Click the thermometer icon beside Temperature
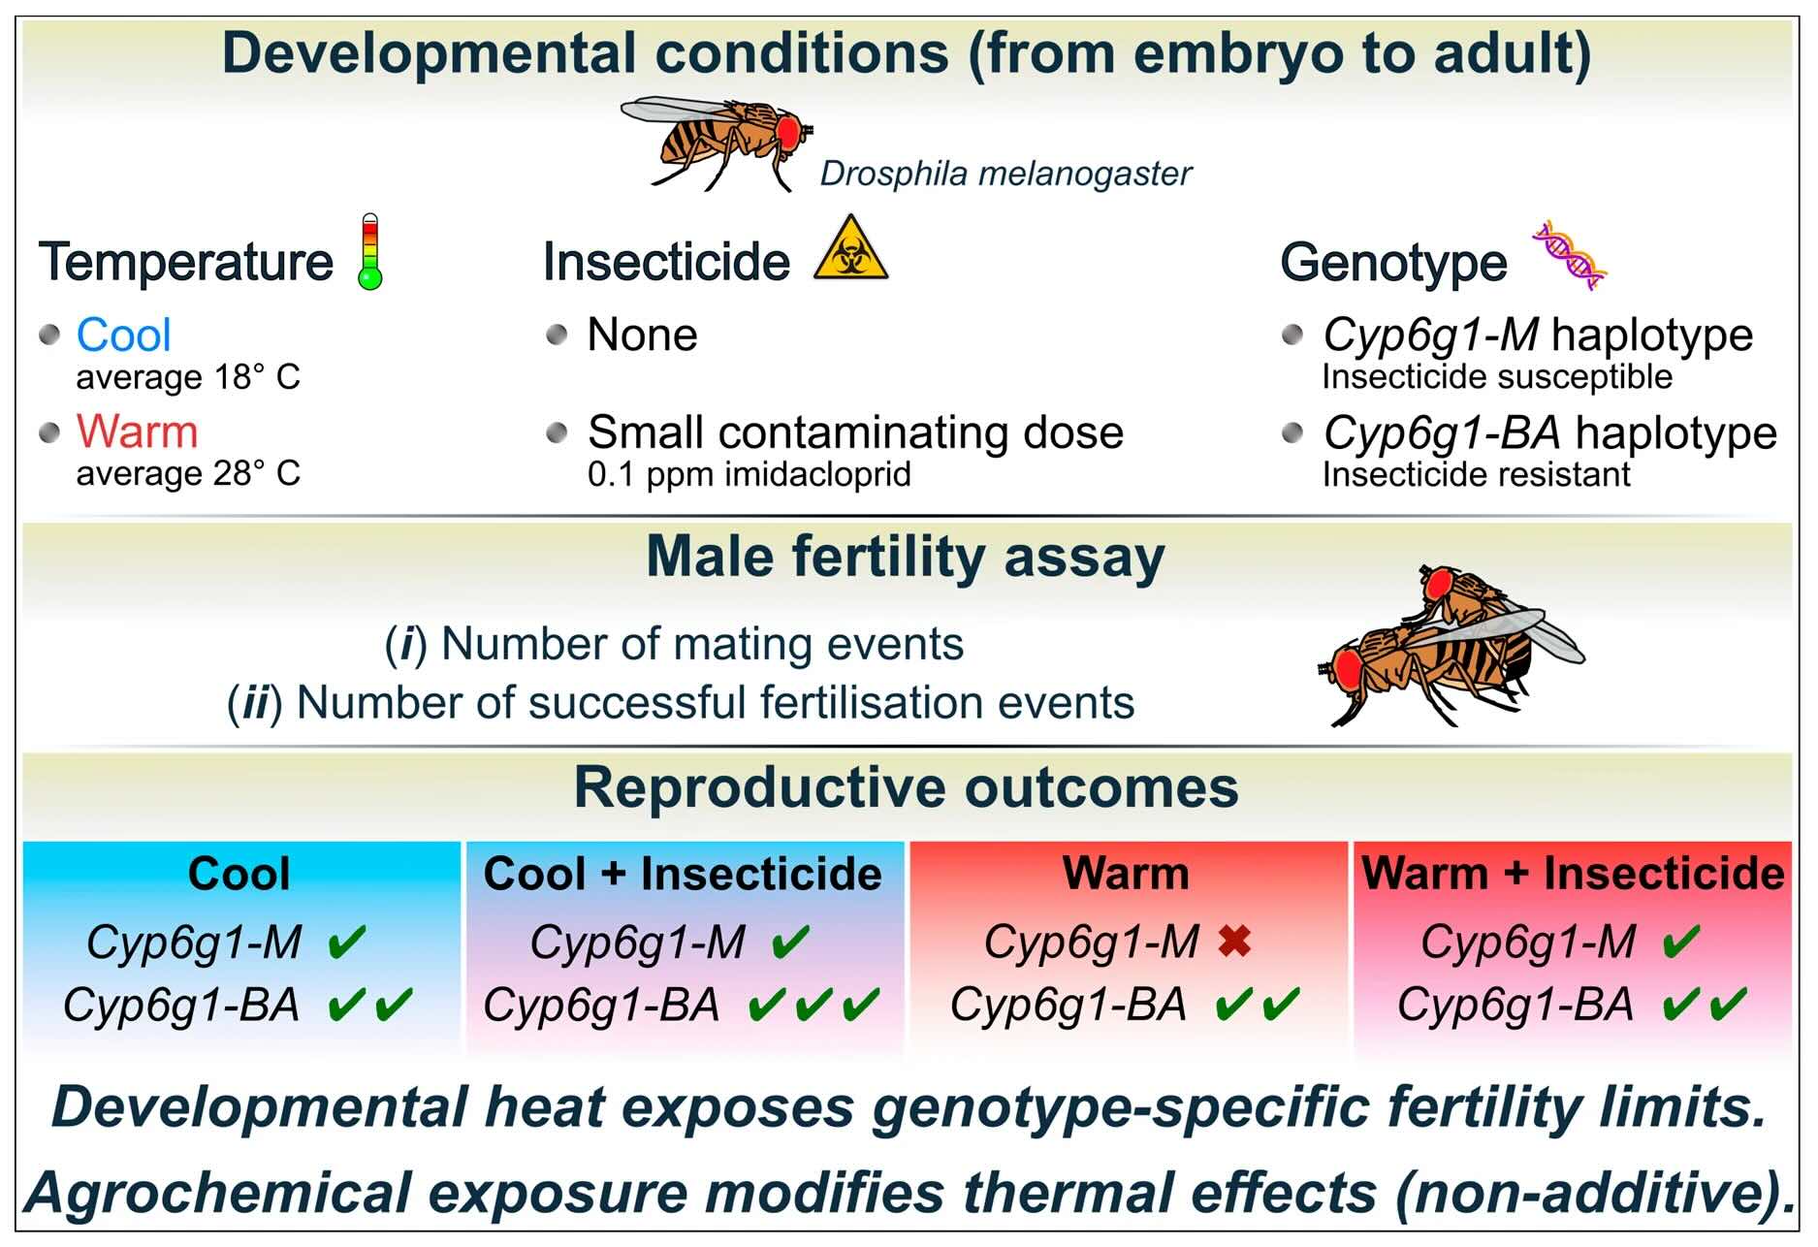tap(370, 251)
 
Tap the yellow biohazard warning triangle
tap(850, 250)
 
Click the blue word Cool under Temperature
tap(123, 336)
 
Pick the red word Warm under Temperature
tap(137, 432)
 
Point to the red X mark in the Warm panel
tap(1234, 941)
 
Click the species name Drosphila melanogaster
tap(1005, 175)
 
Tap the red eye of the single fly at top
tap(786, 131)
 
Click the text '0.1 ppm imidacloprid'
tap(749, 475)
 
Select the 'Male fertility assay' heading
tap(906, 559)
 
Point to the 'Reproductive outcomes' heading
tap(907, 787)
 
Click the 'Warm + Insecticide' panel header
tap(1573, 874)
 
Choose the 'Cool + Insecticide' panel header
tap(683, 874)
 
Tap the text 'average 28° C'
tap(188, 473)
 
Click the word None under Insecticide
tap(642, 336)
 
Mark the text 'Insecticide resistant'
tap(1476, 475)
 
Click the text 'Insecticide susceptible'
tap(1497, 377)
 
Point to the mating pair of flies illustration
tap(1451, 646)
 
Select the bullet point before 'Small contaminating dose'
tap(557, 432)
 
